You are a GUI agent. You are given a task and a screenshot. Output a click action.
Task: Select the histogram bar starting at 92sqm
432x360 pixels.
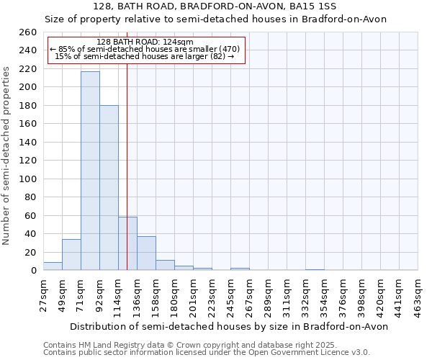click(x=109, y=187)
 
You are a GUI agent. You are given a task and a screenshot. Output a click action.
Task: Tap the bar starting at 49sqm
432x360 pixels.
click(x=71, y=255)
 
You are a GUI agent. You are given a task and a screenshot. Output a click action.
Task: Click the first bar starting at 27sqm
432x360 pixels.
click(x=53, y=266)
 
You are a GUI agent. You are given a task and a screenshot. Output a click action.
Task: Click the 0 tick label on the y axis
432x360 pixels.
click(x=33, y=271)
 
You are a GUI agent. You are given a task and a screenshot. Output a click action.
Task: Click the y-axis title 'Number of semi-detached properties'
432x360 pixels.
click(x=7, y=156)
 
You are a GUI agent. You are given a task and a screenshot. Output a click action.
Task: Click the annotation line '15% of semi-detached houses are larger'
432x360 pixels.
click(x=145, y=56)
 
